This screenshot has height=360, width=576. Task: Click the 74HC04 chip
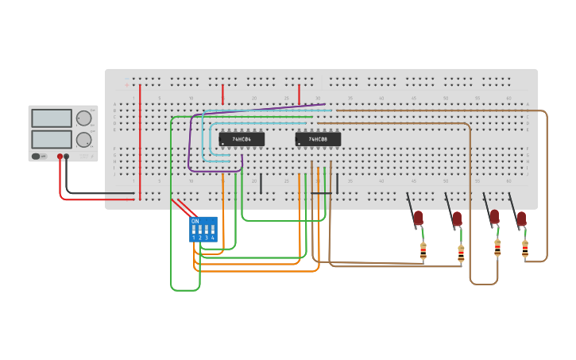242,139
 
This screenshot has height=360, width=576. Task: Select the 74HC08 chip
318,139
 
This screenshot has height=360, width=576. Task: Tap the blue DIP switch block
203,230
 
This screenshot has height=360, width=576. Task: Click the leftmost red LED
419,217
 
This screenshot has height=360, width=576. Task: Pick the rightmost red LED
521,218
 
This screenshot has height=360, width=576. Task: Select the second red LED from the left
457,217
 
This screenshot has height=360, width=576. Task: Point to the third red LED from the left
494,216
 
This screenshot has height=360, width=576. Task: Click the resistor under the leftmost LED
423,251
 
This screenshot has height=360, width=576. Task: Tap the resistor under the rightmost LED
525,249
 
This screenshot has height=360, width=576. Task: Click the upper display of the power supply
52,118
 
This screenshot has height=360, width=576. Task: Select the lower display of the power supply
52,139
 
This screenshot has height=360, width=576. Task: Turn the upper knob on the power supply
83,118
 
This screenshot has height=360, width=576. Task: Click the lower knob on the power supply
83,140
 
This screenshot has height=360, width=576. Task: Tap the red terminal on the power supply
60,157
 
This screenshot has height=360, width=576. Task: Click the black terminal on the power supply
66,157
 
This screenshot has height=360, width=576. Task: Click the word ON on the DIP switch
195,221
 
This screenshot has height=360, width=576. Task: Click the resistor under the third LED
497,249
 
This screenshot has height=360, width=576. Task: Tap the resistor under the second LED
461,254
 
